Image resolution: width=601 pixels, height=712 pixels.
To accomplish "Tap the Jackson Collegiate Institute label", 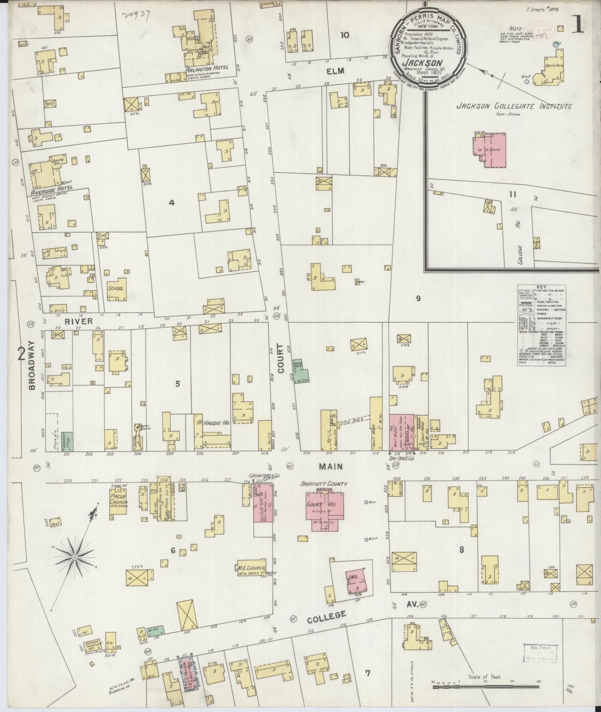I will (514, 106).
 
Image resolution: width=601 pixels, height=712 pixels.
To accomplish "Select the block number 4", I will (171, 203).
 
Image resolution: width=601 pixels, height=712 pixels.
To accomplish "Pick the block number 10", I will (344, 35).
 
